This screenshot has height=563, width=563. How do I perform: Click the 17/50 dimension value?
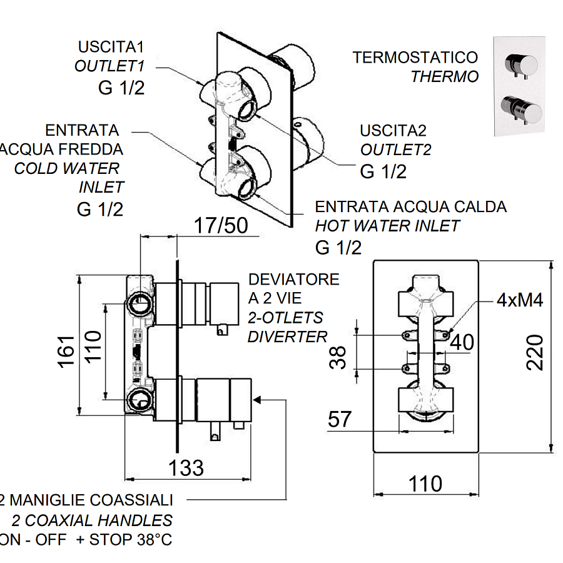point(221,225)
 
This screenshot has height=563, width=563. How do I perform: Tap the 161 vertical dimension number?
point(66,352)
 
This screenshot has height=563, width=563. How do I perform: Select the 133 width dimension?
point(186,468)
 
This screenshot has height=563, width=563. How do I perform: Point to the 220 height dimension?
point(535,352)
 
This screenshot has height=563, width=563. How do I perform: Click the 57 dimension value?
point(339,419)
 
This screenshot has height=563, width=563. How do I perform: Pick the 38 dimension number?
point(338,358)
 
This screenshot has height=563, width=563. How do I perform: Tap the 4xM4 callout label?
point(520,300)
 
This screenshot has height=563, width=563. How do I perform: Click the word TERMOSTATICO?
point(415,58)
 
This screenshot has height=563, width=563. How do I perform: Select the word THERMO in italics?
point(445,76)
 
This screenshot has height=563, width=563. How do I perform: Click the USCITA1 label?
point(111,47)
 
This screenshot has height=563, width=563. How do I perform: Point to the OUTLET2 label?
point(396,150)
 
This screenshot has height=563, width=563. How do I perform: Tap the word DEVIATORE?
point(294,280)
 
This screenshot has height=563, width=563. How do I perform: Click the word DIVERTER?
point(287,337)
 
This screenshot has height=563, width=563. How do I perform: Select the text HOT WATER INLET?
point(387,226)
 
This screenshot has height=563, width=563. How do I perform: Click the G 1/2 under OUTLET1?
point(121,88)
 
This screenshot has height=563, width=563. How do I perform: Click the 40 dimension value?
point(462,342)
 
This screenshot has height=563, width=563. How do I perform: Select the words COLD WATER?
point(67,168)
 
